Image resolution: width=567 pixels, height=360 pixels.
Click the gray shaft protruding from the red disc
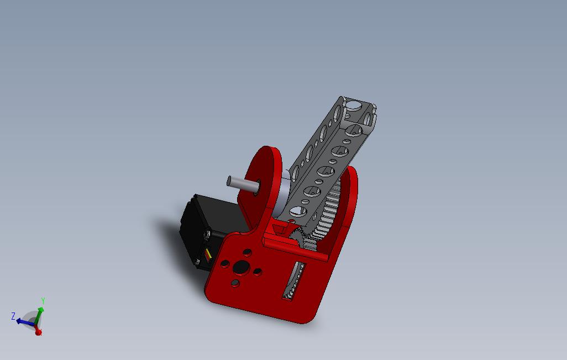point(243,184)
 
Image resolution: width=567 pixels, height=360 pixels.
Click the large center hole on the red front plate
point(241,267)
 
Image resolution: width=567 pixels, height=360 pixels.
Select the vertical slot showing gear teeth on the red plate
point(293,281)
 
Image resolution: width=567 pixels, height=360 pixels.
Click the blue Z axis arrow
point(25,321)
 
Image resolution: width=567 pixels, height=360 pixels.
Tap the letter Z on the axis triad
point(13,316)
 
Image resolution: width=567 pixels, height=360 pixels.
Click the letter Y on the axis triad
point(43,301)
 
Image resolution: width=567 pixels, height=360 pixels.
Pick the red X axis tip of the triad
point(38,331)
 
